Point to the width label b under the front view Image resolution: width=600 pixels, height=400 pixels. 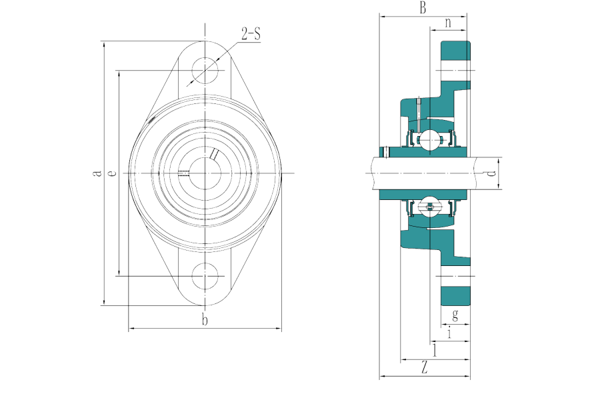coord(205,321)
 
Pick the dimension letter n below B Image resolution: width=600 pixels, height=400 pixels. coord(448,23)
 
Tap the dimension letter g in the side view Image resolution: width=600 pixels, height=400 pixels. coord(455,315)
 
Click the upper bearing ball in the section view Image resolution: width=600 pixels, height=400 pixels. coord(427,140)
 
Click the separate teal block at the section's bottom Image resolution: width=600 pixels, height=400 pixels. coord(456,295)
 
